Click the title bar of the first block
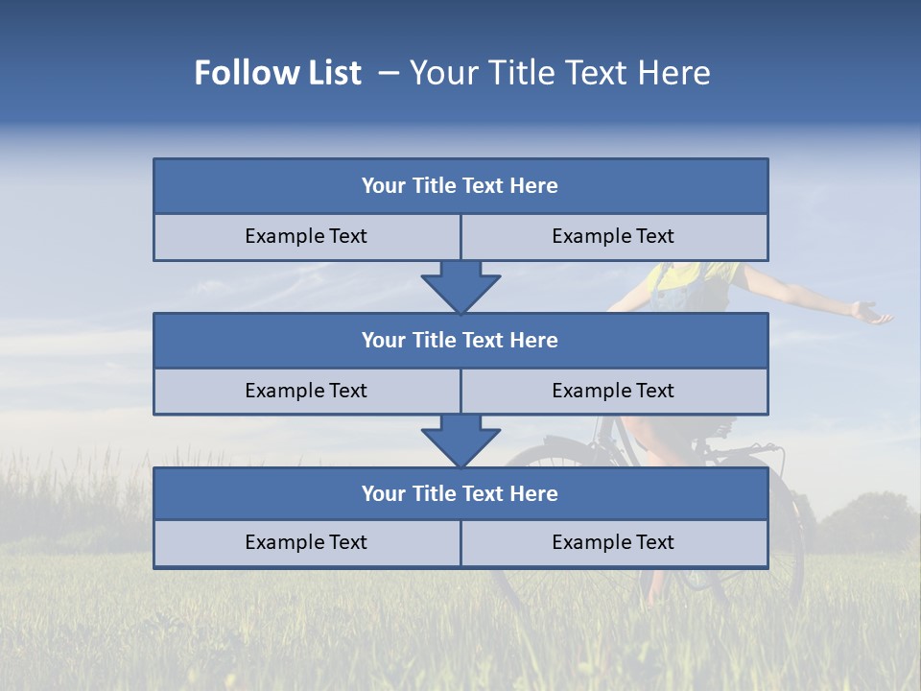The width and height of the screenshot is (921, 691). point(460,186)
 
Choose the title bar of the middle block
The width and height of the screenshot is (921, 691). point(460,341)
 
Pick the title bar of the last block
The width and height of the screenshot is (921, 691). point(460,494)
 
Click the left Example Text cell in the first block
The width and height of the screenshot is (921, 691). point(306,237)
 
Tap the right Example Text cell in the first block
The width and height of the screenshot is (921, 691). point(614,237)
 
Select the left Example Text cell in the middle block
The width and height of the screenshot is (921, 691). point(306,392)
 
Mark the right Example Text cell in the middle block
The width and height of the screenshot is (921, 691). point(614,392)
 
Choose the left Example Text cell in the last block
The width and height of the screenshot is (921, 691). point(306,543)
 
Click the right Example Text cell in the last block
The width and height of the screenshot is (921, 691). point(614,543)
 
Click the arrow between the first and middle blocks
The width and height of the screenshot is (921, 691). point(460,286)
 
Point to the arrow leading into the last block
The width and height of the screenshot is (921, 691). point(460,441)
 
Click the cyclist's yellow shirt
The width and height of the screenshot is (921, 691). point(672,275)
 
